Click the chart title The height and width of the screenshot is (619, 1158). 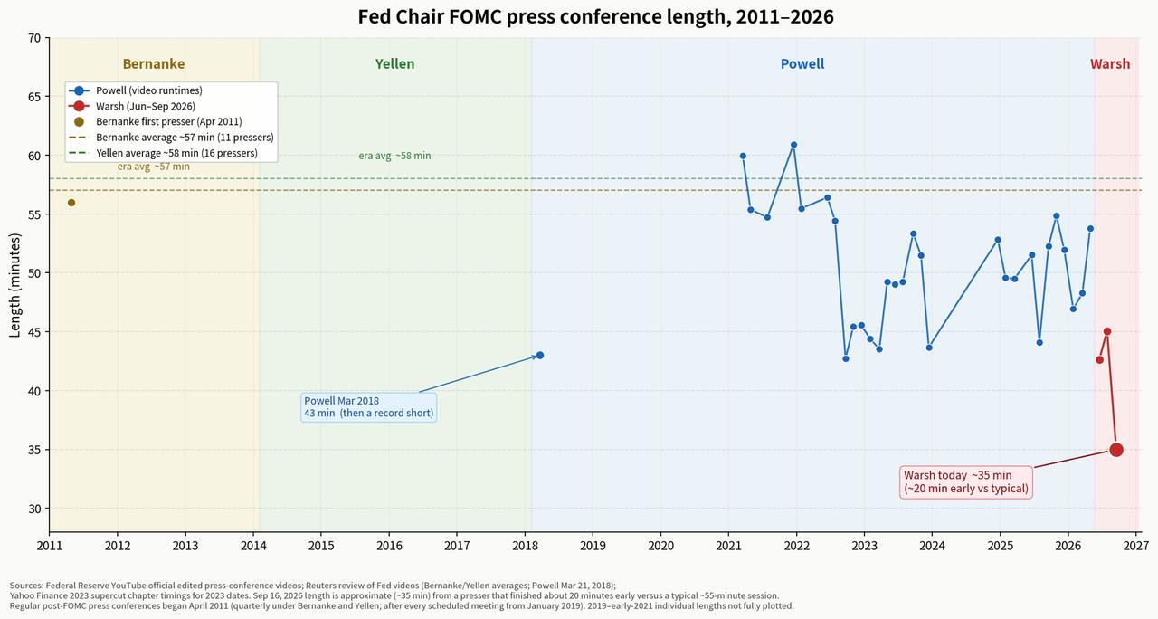595,16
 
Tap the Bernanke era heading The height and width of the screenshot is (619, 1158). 154,63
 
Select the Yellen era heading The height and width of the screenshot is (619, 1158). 395,63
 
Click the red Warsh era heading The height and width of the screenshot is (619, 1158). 1110,63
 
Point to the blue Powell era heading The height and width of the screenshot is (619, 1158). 802,63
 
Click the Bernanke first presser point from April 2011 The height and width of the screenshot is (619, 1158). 71,203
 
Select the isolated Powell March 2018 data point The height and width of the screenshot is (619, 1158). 540,356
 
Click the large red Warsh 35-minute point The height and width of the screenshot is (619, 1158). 1116,450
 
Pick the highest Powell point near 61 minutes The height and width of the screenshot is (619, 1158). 793,145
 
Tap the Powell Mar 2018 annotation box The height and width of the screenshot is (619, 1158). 368,407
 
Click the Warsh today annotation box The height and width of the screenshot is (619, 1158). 966,482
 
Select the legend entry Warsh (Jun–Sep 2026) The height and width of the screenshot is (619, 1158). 146,106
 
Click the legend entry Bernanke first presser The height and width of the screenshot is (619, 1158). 169,121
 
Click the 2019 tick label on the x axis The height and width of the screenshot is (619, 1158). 593,546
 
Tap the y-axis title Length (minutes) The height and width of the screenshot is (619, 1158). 15,285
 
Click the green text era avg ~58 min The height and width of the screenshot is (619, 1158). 394,156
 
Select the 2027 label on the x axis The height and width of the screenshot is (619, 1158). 1136,546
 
